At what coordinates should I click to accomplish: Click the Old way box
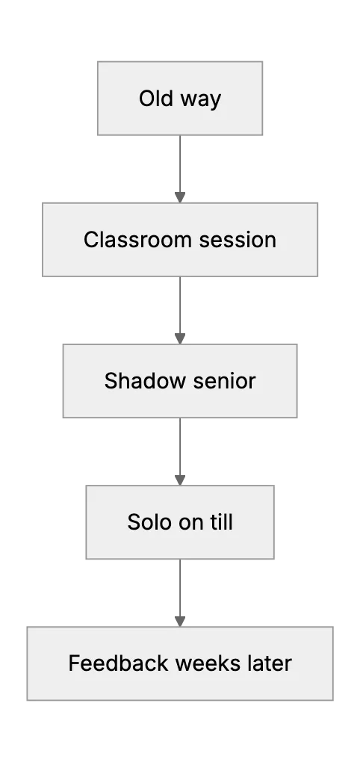point(180,98)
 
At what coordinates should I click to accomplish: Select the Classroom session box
point(180,240)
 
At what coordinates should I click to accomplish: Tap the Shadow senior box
point(180,381)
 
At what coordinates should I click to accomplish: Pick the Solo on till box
point(180,522)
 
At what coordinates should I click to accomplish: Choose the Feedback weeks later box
point(180,663)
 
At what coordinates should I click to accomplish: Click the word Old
point(156,98)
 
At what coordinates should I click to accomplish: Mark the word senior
point(224,381)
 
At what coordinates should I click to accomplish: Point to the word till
point(223,522)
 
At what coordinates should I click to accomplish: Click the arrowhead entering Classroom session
point(180,197)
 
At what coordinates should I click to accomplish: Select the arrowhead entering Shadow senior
point(180,338)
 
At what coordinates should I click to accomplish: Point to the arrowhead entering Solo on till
point(180,480)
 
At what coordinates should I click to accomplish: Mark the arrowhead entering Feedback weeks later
point(180,621)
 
